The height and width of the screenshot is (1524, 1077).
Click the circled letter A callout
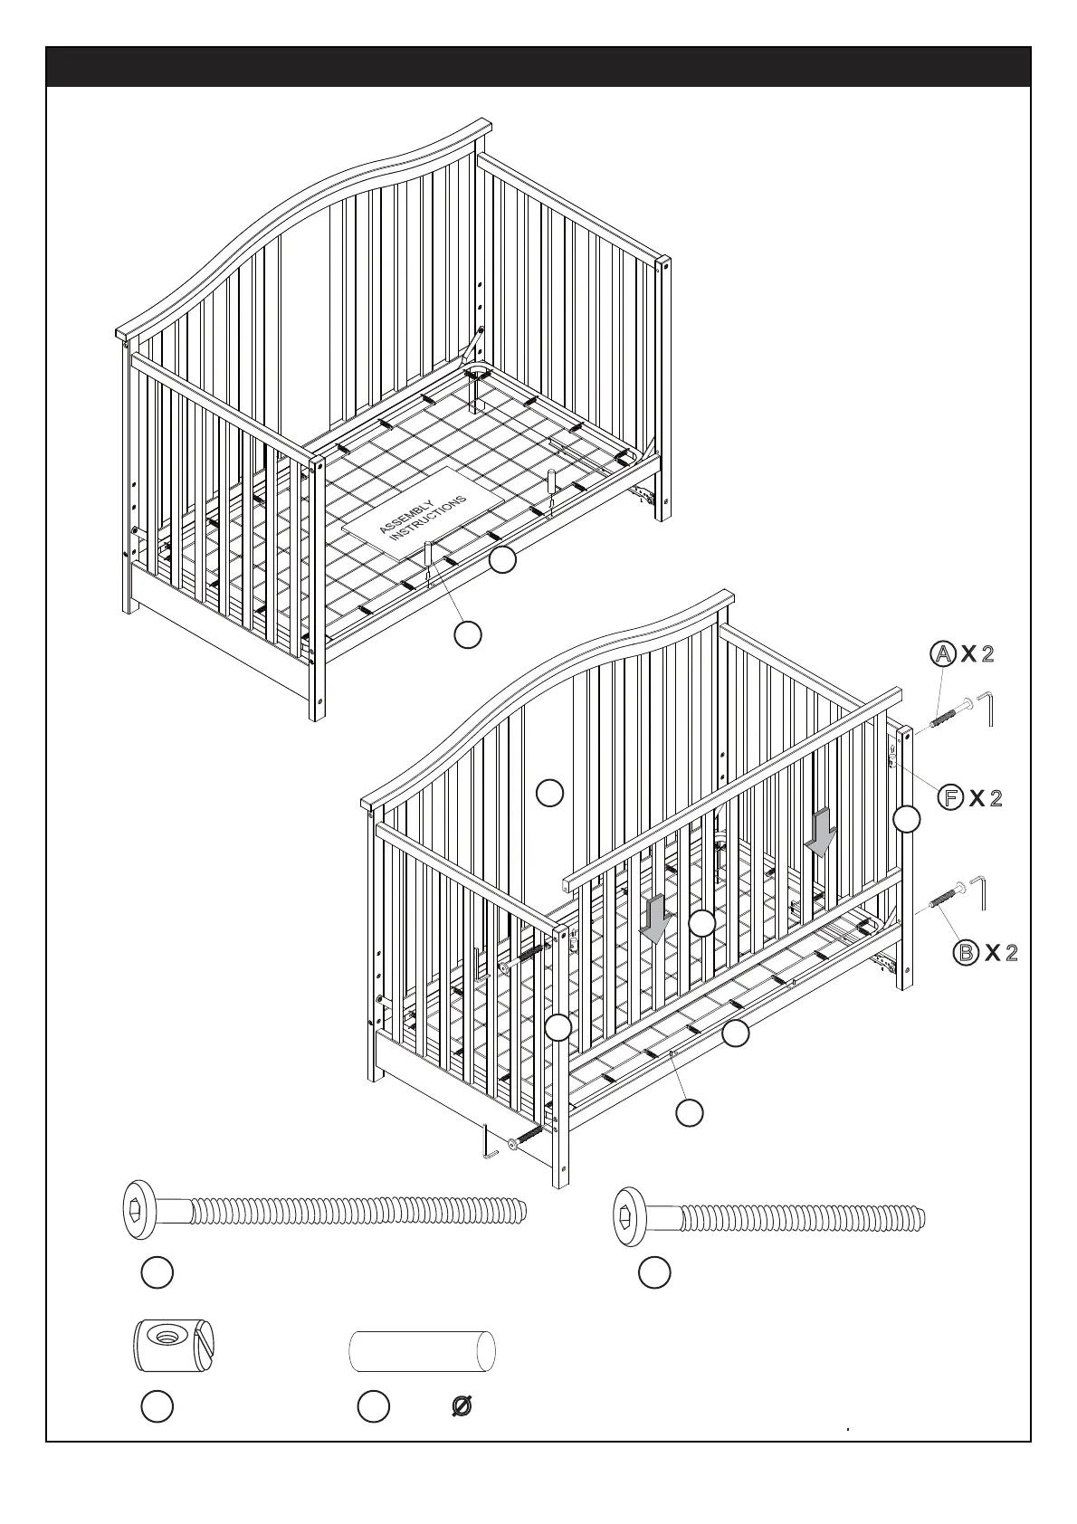pyautogui.click(x=943, y=653)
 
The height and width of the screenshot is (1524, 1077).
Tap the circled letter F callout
pyautogui.click(x=949, y=797)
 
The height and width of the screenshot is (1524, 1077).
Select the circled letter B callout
pyautogui.click(x=967, y=952)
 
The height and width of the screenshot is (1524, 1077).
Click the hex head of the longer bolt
pyautogui.click(x=139, y=1209)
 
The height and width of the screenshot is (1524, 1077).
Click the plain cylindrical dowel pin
pyautogui.click(x=423, y=1351)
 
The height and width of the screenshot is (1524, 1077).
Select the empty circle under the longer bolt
pyautogui.click(x=157, y=1272)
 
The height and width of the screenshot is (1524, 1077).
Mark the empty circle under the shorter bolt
pyautogui.click(x=653, y=1272)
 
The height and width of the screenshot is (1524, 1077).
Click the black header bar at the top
pyautogui.click(x=538, y=67)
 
